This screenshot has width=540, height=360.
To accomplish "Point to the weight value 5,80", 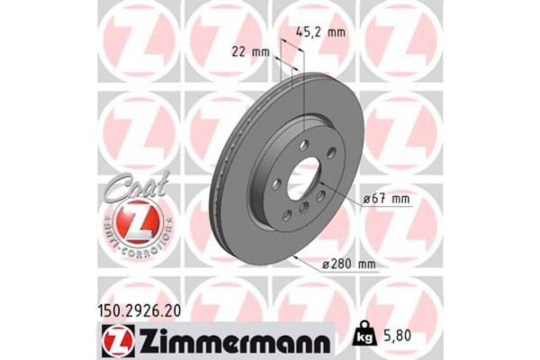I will coord(400,332).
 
